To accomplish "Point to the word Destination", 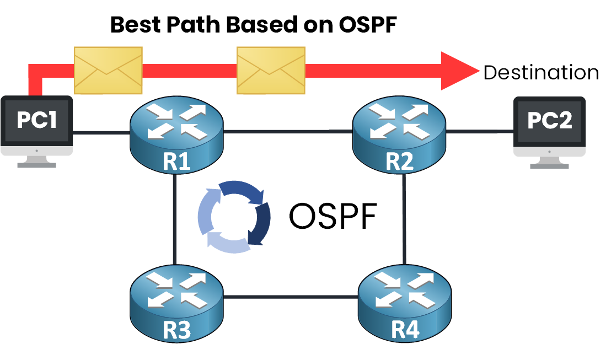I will coord(540,73).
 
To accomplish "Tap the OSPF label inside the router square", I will coord(333,217).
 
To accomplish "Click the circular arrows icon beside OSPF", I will coord(234,216).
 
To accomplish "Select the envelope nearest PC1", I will coord(108,69).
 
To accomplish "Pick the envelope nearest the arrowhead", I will coord(270,69).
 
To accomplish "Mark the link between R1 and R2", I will coord(288,132).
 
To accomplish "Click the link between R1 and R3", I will coord(174,221).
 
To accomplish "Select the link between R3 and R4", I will coord(291,298).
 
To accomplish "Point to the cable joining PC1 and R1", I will coord(101,132).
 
